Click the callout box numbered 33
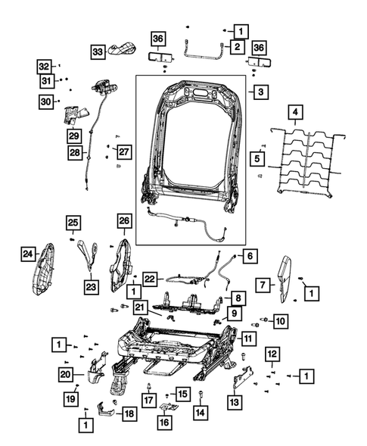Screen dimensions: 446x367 tap(98, 51)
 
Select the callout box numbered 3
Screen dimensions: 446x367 tap(260, 92)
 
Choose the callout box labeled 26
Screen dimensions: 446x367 tap(125, 222)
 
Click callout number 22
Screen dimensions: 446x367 tap(151, 279)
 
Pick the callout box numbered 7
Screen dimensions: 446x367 tap(262, 285)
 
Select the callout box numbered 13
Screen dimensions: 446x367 tap(235, 402)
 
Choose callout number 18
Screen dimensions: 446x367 tap(129, 414)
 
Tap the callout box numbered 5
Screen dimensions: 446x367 tap(257, 159)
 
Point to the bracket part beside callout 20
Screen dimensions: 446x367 tap(94, 367)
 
